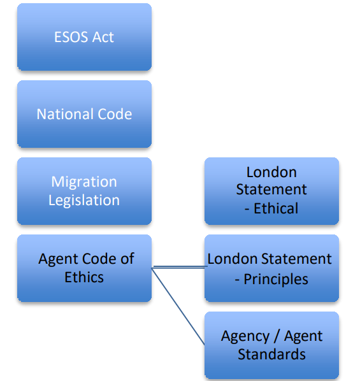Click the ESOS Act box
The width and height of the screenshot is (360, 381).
tap(84, 37)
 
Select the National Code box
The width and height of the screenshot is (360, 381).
tap(84, 114)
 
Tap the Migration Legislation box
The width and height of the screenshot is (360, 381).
tap(84, 191)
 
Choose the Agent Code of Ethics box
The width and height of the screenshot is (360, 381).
tap(84, 268)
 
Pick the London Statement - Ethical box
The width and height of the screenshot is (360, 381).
tap(271, 191)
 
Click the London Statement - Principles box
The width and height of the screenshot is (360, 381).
tap(271, 268)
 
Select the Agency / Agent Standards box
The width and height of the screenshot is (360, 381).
tap(271, 345)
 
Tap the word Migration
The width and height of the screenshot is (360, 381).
tap(84, 182)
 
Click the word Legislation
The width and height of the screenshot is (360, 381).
tap(84, 200)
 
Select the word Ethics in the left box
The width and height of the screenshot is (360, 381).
tap(84, 277)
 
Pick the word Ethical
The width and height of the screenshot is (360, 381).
tap(276, 208)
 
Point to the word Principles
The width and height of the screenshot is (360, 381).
tap(276, 279)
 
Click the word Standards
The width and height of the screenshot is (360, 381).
tap(271, 354)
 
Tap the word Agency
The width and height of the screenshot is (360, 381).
tap(245, 337)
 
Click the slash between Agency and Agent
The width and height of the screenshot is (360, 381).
tap(277, 336)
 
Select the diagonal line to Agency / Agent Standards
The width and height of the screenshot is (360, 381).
tap(178, 306)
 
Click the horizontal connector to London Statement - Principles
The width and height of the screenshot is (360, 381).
tap(179, 267)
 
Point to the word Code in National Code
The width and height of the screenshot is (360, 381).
tap(115, 114)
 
